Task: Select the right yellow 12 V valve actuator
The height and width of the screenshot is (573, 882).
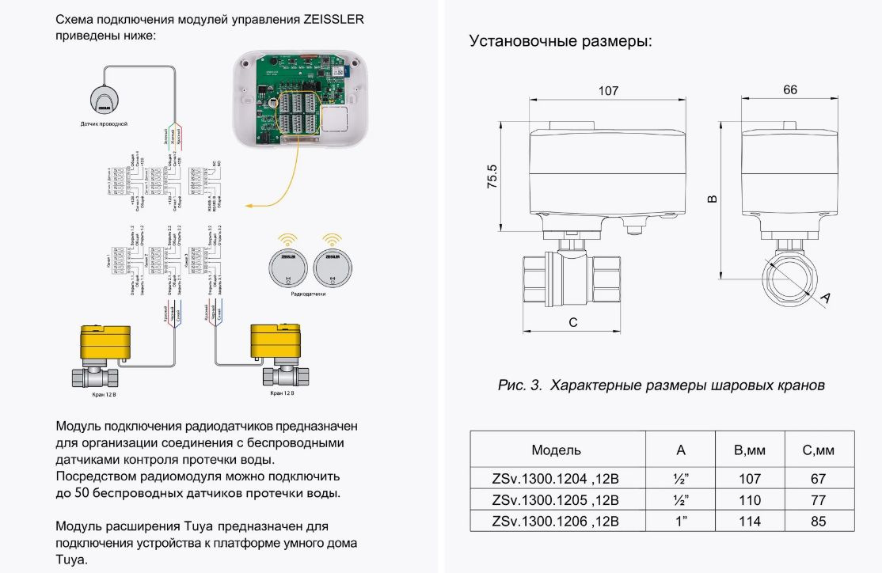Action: click(x=275, y=342)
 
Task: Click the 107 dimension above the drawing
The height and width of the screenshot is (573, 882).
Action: click(x=607, y=91)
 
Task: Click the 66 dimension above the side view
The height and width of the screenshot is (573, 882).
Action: click(x=789, y=90)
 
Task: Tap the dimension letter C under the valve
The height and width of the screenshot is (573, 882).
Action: click(x=573, y=322)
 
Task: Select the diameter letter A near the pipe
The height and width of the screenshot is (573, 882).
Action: click(x=824, y=298)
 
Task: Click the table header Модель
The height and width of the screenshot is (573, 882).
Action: click(x=556, y=450)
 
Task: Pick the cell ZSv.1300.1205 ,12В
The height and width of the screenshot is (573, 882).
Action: click(x=556, y=500)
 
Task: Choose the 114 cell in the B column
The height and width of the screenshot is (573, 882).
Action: click(x=749, y=522)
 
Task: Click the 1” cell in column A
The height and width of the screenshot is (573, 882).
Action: click(x=680, y=522)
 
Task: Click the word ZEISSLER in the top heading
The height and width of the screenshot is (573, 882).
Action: click(x=333, y=20)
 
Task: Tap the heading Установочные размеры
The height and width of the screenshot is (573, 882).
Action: click(x=561, y=41)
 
